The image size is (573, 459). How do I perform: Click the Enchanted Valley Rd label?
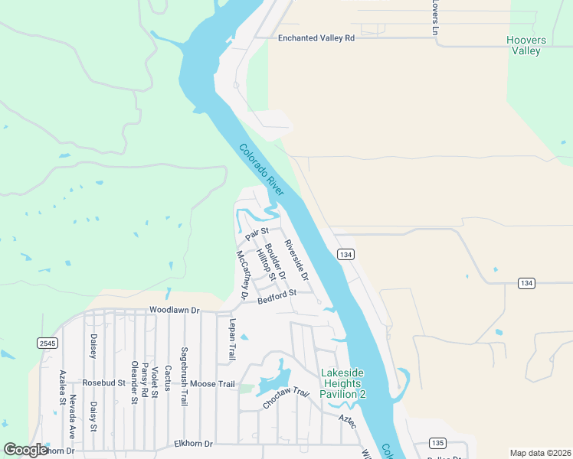316,37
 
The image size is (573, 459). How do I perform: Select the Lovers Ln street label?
434,18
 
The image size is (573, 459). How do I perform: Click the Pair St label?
257,232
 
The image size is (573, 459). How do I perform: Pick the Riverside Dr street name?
296,259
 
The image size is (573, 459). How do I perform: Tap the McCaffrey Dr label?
243,274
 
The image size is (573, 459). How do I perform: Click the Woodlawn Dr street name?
174,311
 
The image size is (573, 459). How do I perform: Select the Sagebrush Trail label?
185,370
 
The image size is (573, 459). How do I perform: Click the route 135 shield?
437,443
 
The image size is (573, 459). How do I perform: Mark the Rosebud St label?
103,382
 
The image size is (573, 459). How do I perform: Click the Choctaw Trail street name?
286,399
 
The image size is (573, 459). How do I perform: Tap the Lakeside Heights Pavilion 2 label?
342,382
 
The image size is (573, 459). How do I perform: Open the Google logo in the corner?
25,450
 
